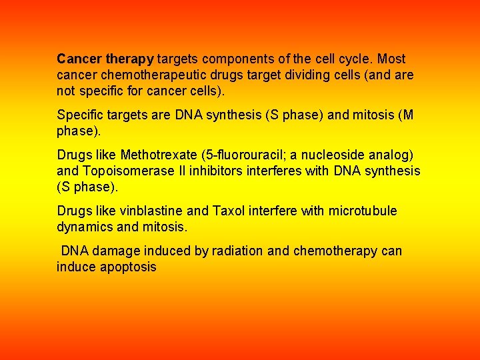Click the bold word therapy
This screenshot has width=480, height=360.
131,59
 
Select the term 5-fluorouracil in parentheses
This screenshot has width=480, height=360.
249,155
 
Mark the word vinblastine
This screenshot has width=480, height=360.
151,211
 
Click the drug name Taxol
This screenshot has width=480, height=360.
229,211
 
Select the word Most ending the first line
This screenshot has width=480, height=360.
391,59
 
